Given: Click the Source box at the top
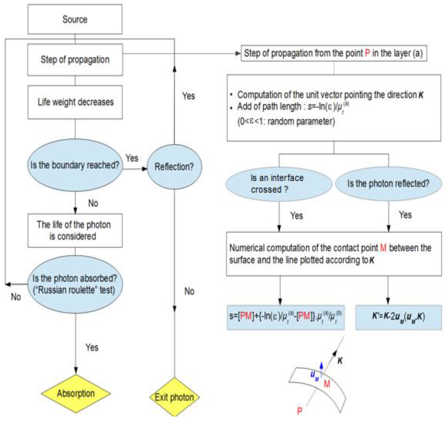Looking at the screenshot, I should pyautogui.click(x=75, y=19).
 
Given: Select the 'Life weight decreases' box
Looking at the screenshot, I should pyautogui.click(x=75, y=102).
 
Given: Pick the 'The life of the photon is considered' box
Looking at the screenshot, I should pyautogui.click(x=75, y=231).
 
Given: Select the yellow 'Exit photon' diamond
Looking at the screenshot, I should pyautogui.click(x=175, y=397).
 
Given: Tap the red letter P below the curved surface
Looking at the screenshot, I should pyautogui.click(x=299, y=411).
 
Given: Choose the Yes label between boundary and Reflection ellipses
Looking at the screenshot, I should pyautogui.click(x=132, y=156).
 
